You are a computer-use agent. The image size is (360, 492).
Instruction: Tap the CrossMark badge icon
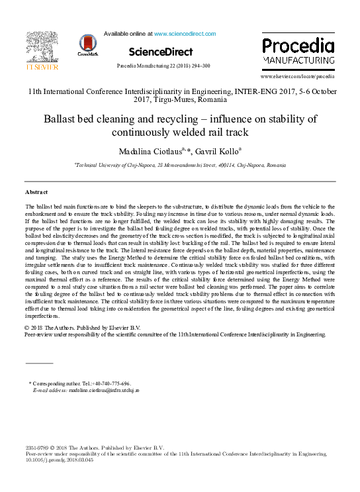click(87, 44)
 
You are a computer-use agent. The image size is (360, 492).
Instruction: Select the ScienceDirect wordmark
click(161, 52)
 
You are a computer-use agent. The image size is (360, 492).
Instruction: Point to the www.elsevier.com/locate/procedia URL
click(302, 77)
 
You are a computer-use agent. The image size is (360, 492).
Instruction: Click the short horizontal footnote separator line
click(38, 364)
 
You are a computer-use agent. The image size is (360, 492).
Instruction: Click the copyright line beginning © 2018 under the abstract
click(82, 328)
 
